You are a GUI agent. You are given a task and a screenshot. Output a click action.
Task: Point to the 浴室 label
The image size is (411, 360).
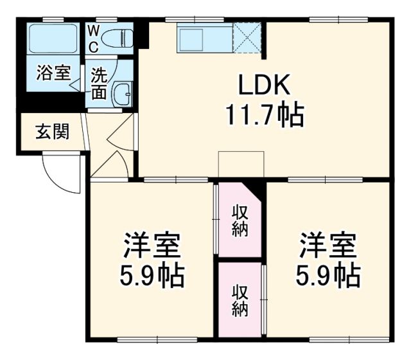coord(53,73)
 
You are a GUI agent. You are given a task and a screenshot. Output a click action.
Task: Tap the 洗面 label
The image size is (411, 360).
coord(98,83)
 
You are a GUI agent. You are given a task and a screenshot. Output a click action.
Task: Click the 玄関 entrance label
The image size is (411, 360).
coord(51,133)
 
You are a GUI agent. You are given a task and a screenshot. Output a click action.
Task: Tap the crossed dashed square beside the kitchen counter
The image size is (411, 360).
coord(247,38)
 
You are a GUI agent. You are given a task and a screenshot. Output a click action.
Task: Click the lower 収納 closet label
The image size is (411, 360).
coord(240,300)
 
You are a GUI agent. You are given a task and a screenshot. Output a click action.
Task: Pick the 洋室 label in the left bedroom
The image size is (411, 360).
coord(151,245)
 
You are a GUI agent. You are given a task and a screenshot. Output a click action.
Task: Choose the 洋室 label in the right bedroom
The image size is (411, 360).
coord(327,245)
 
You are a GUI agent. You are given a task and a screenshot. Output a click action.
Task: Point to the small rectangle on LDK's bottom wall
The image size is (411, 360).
coord(241,163)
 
